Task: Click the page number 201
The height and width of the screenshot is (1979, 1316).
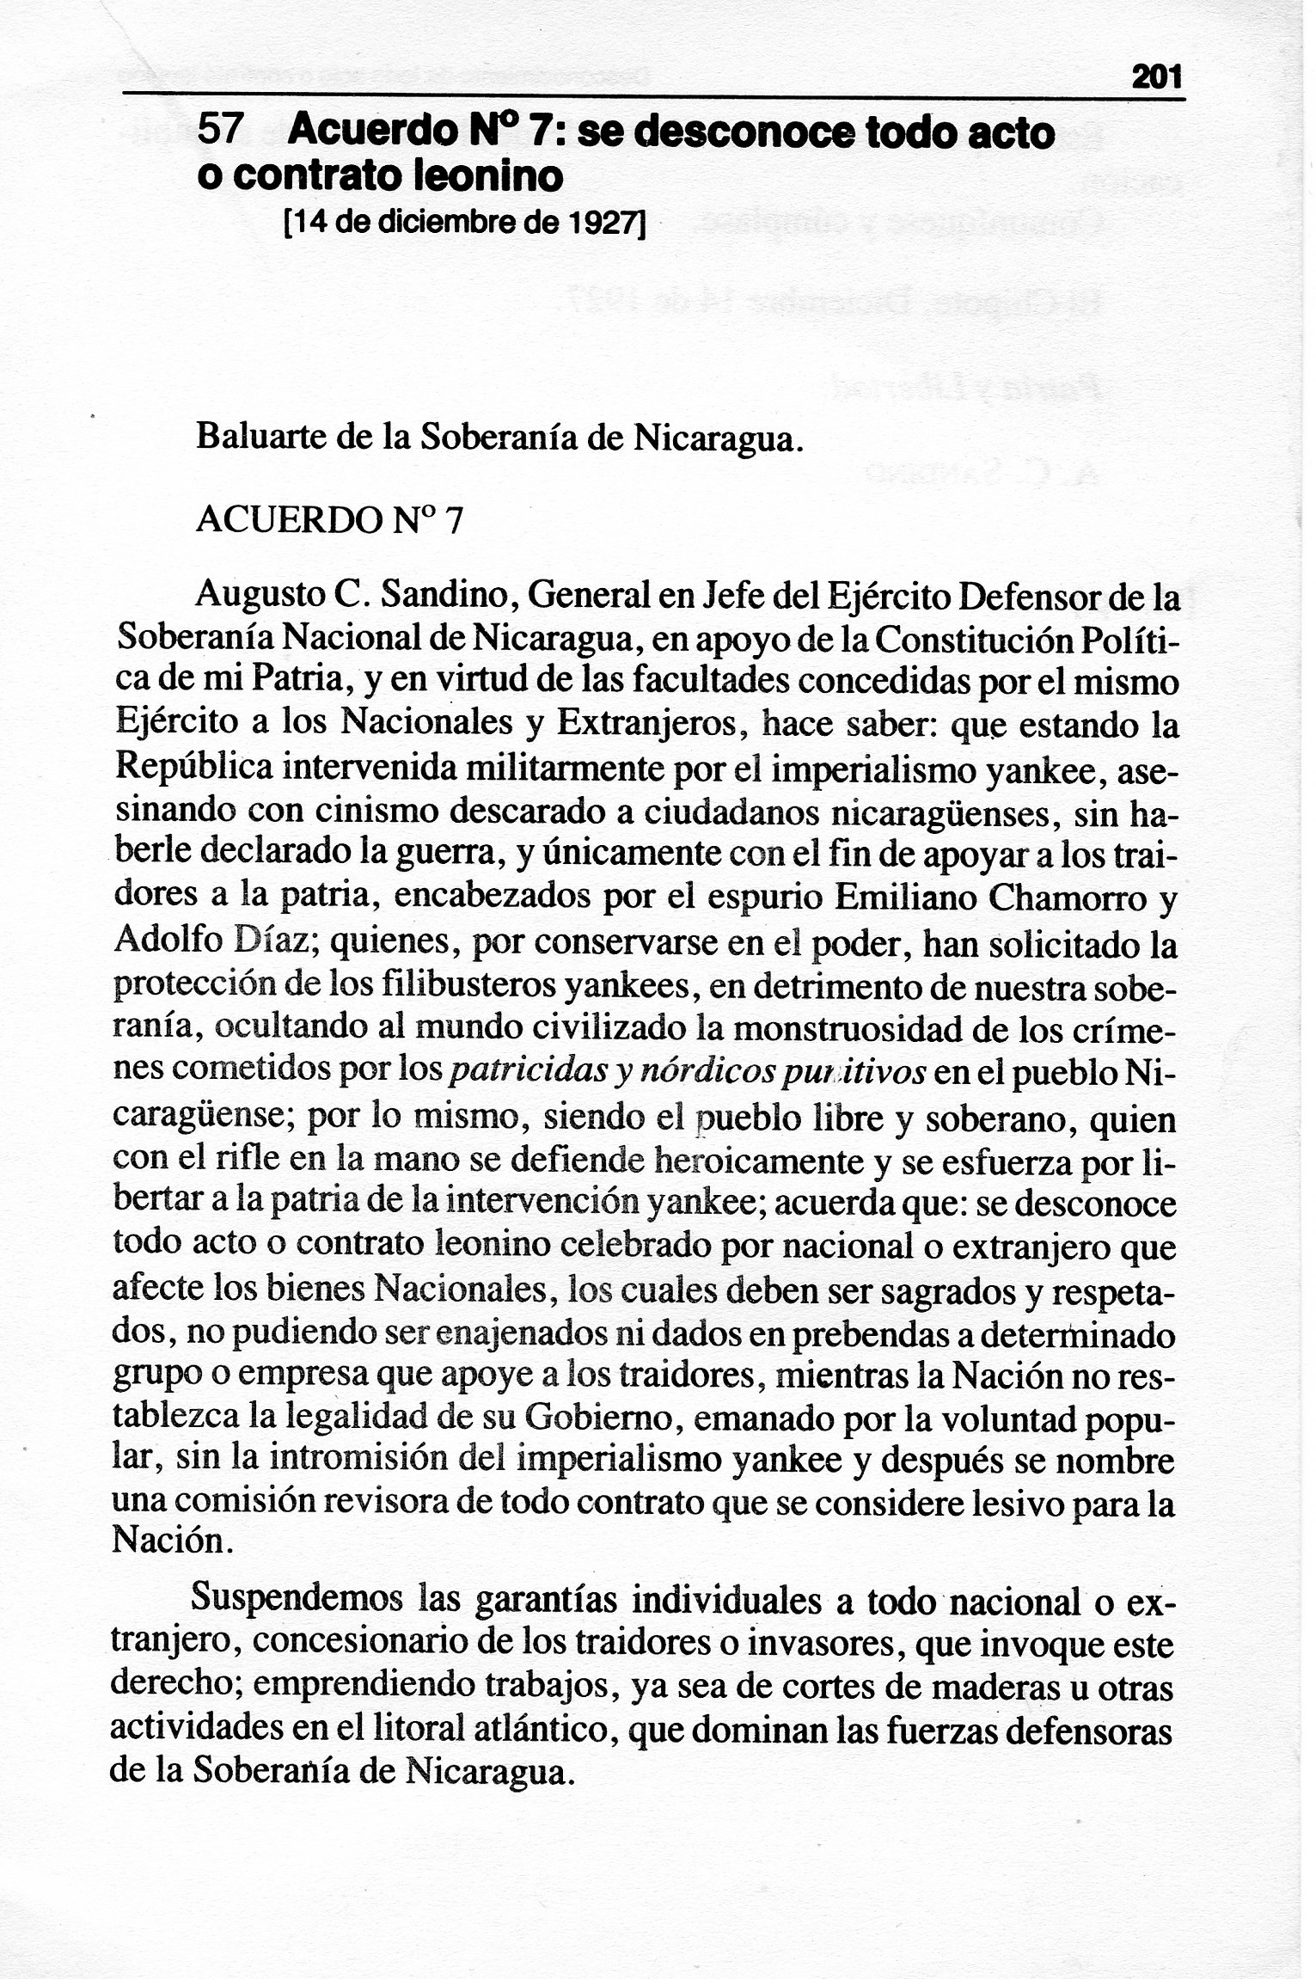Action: [x=1157, y=79]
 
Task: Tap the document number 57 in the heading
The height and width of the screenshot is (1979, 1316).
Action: [x=221, y=131]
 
